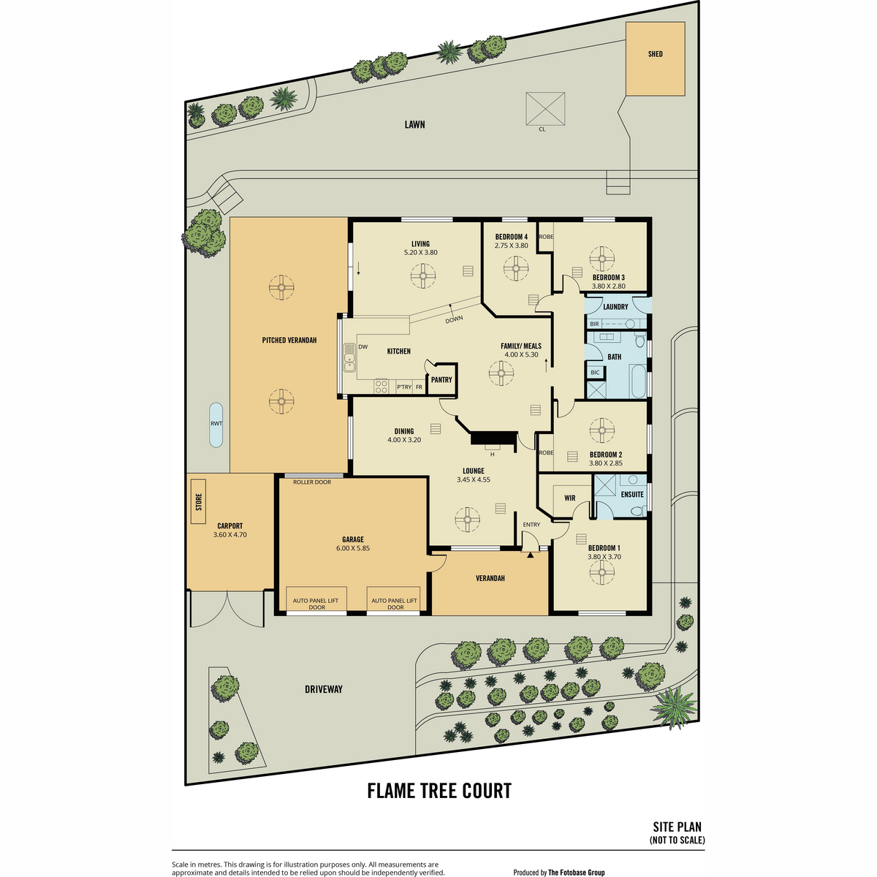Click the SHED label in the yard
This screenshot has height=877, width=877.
[x=655, y=53]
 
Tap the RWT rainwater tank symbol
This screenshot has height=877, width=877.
[x=216, y=424]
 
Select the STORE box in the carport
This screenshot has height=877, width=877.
[x=199, y=501]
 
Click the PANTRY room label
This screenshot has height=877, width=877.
[x=441, y=379]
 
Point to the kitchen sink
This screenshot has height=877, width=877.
[x=349, y=357]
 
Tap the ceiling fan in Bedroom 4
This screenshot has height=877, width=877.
[x=516, y=268]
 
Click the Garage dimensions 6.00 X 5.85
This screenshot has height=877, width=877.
[x=353, y=548]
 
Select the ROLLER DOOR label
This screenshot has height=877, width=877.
[x=312, y=482]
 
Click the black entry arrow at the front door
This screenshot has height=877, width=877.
[x=530, y=555]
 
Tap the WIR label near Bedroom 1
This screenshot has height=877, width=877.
[x=569, y=498]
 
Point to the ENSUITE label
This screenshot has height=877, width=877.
[x=632, y=494]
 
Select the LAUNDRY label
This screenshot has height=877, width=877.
[x=615, y=307]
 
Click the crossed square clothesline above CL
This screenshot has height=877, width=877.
[x=544, y=108]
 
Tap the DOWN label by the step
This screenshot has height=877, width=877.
[x=454, y=319]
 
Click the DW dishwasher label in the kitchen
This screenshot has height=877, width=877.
[x=362, y=346]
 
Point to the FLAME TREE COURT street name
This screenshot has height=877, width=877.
[x=439, y=791]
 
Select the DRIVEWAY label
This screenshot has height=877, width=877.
[x=324, y=689]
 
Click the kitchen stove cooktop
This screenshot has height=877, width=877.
[x=381, y=386]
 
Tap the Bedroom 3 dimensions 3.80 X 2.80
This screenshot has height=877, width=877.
[x=609, y=286]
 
